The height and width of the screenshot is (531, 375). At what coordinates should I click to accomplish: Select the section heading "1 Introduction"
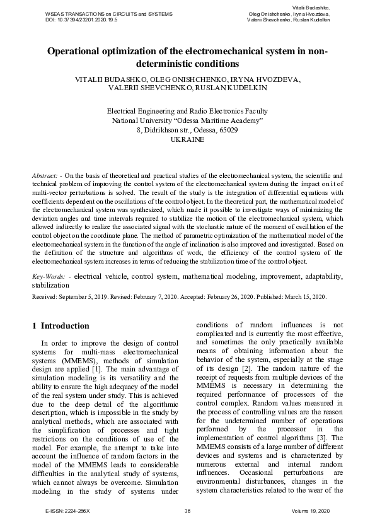click(61, 326)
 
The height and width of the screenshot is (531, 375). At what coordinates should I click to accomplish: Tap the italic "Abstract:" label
click(45, 173)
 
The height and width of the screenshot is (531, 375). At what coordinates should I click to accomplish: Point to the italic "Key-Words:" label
click(49, 277)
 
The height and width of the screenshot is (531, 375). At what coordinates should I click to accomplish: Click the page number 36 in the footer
click(188, 511)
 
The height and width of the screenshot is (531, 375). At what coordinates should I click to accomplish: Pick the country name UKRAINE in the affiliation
click(187, 141)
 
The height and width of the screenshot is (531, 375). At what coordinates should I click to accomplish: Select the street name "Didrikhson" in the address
click(163, 131)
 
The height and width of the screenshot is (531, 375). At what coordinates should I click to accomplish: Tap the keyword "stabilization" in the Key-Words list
click(50, 285)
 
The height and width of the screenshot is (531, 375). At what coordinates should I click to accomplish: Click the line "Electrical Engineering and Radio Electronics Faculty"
click(187, 110)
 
